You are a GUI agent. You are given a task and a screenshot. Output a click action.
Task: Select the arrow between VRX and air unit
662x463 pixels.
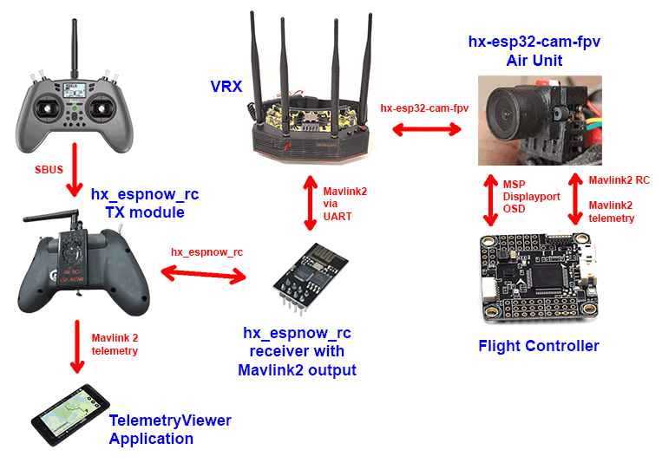426,130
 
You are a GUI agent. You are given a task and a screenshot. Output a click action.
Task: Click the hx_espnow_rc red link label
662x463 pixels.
206,252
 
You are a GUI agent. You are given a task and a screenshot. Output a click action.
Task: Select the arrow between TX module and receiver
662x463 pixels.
206,275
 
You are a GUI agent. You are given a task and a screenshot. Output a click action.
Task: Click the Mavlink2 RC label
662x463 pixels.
619,180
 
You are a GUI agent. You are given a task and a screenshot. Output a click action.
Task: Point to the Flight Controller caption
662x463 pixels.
538,346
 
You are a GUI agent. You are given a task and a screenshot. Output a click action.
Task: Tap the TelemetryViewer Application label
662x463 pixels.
169,429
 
